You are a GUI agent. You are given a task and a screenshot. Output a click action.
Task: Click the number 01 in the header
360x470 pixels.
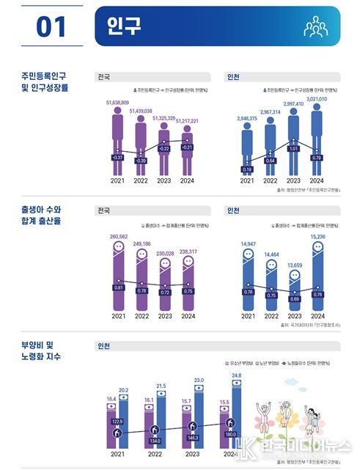pyautogui.click(x=51, y=27)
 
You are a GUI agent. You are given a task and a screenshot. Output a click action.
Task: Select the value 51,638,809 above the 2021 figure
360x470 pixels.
pyautogui.click(x=117, y=103)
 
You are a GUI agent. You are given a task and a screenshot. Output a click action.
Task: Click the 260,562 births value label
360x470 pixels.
pyautogui.click(x=117, y=237)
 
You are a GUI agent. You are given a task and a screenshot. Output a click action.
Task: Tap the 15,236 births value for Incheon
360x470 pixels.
pyautogui.click(x=317, y=237)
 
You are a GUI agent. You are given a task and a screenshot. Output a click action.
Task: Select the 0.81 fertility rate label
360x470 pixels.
pyautogui.click(x=117, y=288)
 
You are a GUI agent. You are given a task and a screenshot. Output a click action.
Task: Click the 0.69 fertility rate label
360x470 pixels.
pyautogui.click(x=293, y=299)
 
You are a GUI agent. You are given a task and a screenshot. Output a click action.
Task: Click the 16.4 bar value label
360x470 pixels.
pyautogui.click(x=111, y=399)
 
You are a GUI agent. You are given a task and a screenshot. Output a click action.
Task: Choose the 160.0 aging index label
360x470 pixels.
pyautogui.click(x=231, y=434)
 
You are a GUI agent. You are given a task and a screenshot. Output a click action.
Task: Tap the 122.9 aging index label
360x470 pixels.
pyautogui.click(x=117, y=422)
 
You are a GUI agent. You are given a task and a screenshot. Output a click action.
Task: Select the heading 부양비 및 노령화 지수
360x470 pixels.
pyautogui.click(x=41, y=350)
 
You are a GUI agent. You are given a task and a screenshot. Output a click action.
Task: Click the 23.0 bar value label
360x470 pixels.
pyautogui.click(x=198, y=381)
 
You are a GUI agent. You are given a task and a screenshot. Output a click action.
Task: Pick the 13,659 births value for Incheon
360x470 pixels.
pyautogui.click(x=293, y=265)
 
